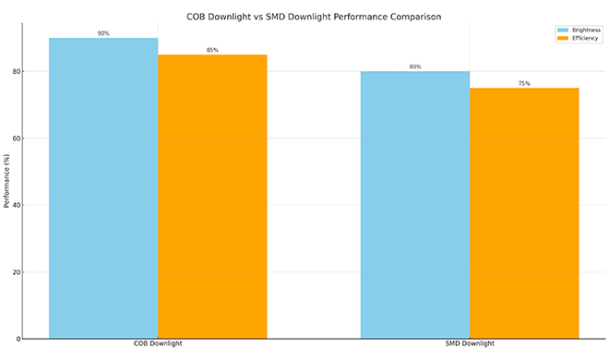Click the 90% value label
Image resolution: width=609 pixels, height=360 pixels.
click(103, 33)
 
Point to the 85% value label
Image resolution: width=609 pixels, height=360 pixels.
click(212, 50)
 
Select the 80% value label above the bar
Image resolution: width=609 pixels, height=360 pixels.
click(414, 66)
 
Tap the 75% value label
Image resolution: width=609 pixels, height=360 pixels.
click(524, 83)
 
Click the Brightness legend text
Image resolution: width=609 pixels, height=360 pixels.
click(586, 30)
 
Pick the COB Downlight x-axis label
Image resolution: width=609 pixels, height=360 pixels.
click(158, 345)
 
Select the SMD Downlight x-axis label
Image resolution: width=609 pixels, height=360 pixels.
click(470, 345)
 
